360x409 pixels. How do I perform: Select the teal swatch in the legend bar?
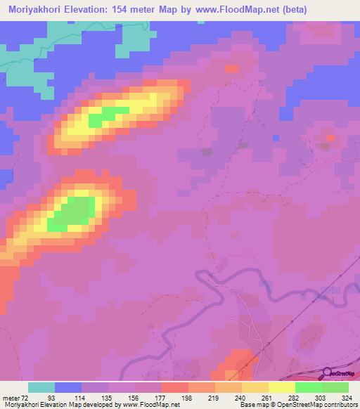[41, 387]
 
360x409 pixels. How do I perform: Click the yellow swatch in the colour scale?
[281, 387]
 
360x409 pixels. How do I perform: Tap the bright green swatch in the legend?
[308, 387]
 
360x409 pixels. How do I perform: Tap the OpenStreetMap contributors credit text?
[317, 405]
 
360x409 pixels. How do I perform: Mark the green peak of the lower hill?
[74, 211]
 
